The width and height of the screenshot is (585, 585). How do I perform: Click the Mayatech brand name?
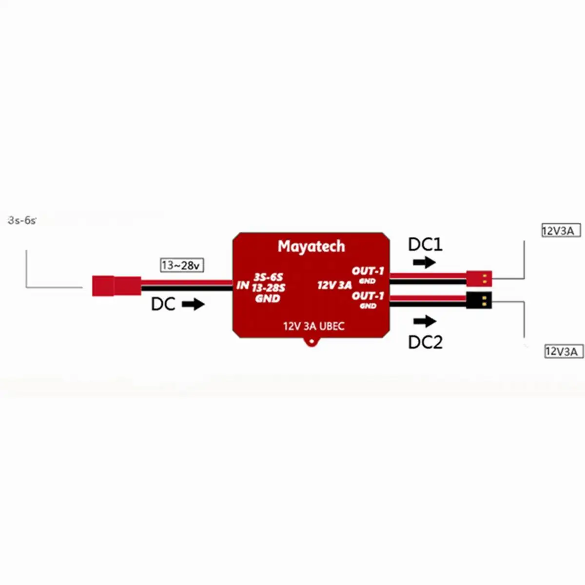(311, 247)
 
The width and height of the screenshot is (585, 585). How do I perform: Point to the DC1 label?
(425, 244)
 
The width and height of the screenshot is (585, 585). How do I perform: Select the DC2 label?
(425, 342)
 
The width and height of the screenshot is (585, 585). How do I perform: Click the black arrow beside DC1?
(424, 263)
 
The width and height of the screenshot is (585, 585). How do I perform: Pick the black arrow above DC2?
(424, 321)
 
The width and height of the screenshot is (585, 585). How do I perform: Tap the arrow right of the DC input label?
(193, 305)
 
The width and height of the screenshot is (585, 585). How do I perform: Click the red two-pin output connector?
(479, 278)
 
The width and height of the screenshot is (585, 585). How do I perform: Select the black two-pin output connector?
(479, 300)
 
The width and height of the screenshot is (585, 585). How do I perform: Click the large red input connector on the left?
(116, 286)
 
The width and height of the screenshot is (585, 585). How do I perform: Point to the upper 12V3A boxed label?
(561, 231)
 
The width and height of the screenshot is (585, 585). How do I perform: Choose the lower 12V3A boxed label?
(564, 351)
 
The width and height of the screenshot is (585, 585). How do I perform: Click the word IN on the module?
(243, 285)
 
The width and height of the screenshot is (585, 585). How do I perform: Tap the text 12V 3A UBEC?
(313, 326)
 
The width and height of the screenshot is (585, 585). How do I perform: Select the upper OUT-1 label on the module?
(368, 271)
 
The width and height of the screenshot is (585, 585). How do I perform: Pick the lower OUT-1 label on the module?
(368, 296)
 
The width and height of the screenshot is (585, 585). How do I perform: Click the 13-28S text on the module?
(268, 288)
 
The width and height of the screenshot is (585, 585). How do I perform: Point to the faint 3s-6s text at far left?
(22, 220)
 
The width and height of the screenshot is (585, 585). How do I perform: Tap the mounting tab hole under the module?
(311, 343)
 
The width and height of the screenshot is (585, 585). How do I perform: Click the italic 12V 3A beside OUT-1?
(334, 285)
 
